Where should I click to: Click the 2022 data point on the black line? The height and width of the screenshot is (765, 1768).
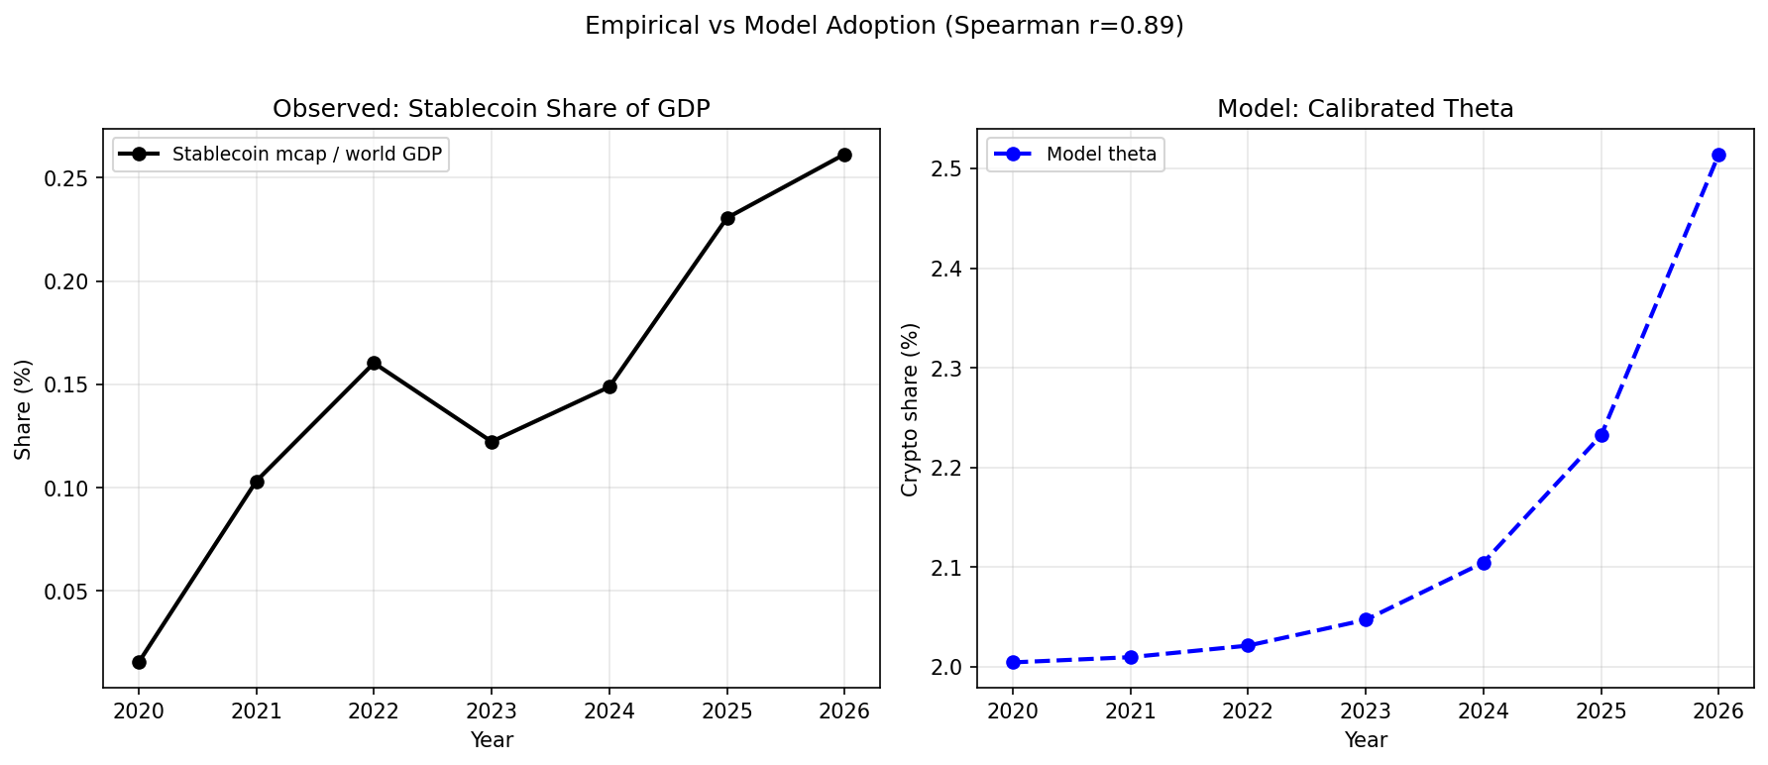tap(374, 363)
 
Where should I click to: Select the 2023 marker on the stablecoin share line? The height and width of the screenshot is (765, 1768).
tap(492, 442)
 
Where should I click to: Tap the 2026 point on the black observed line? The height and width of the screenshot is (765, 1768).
tap(844, 155)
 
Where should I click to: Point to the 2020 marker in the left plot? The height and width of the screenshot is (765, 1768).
tap(139, 662)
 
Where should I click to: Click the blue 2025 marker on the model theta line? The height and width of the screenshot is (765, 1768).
tap(1602, 435)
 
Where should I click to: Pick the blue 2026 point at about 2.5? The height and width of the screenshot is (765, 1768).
tap(1718, 155)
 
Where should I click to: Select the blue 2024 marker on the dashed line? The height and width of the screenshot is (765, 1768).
tap(1484, 563)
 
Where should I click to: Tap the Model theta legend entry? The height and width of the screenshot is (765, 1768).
tap(1101, 155)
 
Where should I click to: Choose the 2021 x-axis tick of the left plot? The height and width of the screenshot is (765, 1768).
tap(257, 711)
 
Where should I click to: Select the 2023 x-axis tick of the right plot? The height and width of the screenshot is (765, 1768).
tap(1366, 711)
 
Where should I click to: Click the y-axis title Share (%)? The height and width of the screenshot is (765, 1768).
tap(24, 409)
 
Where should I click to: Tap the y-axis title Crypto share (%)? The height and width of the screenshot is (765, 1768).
tap(910, 409)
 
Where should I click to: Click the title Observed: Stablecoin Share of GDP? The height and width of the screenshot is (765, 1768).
tap(492, 109)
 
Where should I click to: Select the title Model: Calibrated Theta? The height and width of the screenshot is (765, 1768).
tap(1366, 109)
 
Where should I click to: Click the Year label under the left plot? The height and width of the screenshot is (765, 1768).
tap(492, 740)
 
